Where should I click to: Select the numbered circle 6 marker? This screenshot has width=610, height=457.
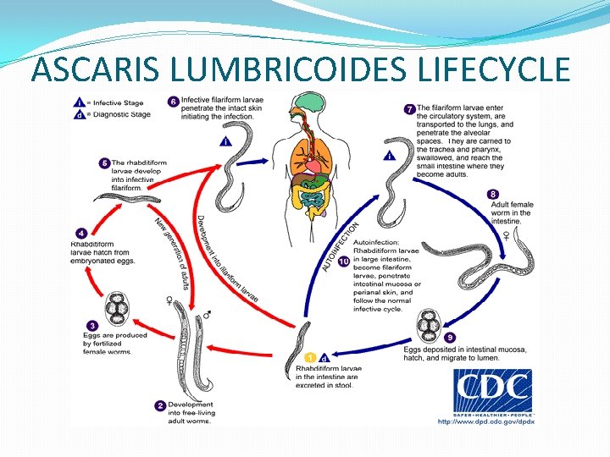[174, 102]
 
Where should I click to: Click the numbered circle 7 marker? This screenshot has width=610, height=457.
[409, 108]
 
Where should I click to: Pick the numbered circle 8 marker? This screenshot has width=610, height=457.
[493, 194]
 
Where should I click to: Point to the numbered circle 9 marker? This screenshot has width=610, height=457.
[450, 338]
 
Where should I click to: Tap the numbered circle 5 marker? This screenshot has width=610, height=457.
[104, 162]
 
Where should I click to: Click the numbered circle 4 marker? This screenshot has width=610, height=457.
[80, 233]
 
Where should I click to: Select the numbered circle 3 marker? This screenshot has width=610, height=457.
[91, 325]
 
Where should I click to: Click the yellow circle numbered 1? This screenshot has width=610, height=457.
[310, 358]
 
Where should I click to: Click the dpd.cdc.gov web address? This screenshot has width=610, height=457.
[485, 421]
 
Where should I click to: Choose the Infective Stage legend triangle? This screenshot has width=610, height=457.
[79, 100]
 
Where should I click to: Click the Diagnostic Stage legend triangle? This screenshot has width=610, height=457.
[79, 114]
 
